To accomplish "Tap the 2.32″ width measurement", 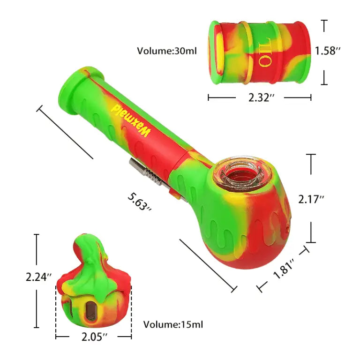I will [259, 97].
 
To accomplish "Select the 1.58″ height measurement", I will [327, 51].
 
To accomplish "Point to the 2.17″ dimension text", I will [312, 199].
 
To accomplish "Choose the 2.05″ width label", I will [94, 336].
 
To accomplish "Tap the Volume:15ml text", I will [173, 324].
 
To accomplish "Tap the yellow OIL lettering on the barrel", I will [263, 52].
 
